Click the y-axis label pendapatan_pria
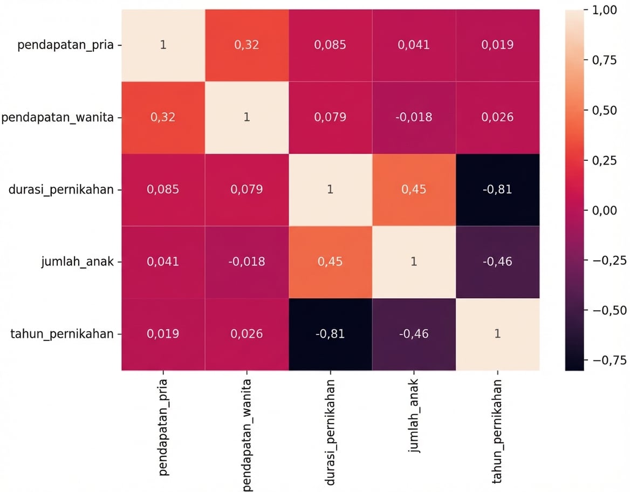65,45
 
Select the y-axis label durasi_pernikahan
61,189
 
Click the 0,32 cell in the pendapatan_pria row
246,45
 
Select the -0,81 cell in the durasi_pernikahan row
497,189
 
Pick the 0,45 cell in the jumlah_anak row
330,262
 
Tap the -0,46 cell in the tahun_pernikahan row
414,334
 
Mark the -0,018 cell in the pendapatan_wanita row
414,117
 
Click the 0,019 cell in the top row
497,45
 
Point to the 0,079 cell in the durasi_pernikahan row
246,189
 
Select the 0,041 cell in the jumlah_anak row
163,262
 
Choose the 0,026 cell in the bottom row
246,334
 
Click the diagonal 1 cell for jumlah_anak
414,262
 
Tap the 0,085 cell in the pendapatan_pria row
330,45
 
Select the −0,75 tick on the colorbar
606,360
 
